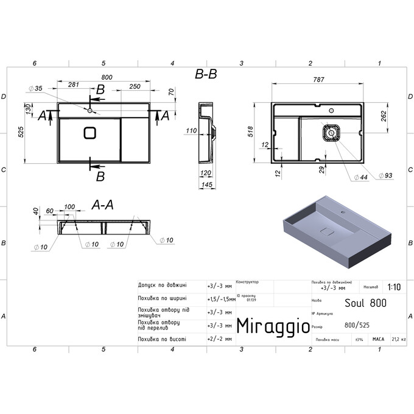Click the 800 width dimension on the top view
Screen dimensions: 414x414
(107, 77)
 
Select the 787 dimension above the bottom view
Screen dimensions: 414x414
(318, 79)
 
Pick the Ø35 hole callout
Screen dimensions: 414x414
(35, 89)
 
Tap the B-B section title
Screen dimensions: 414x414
(206, 74)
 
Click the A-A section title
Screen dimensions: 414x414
(102, 205)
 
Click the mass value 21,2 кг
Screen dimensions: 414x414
(399, 339)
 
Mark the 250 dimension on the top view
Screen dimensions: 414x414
(135, 86)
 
